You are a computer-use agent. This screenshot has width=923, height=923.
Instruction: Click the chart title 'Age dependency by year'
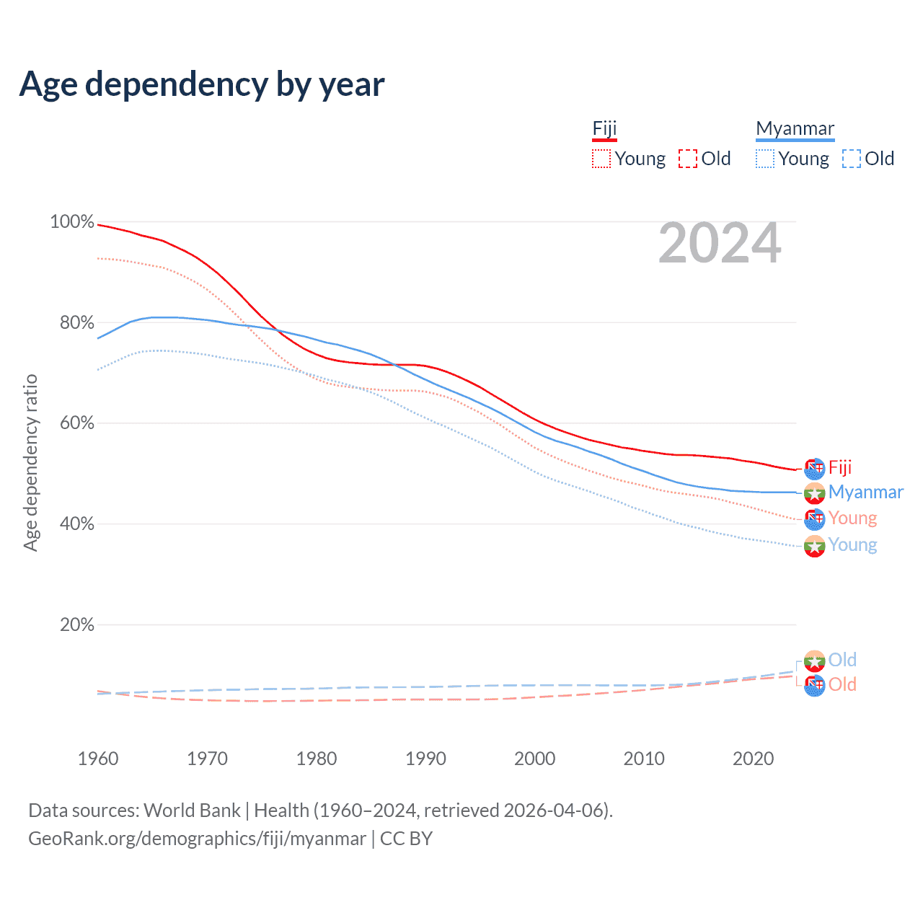tap(202, 84)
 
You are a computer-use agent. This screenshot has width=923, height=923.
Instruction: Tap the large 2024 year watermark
tap(720, 244)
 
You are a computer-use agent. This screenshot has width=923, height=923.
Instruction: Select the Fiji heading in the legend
tap(604, 128)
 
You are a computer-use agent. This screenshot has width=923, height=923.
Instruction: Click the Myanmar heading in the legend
tap(795, 128)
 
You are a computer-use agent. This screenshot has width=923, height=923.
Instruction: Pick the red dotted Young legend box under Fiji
tap(601, 159)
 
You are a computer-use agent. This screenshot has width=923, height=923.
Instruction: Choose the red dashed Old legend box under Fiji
tap(688, 159)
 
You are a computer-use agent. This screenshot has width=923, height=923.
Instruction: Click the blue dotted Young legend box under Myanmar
tap(765, 159)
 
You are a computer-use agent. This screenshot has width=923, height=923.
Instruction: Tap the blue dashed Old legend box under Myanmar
tap(852, 159)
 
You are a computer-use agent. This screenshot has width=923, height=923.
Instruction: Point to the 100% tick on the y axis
tap(72, 222)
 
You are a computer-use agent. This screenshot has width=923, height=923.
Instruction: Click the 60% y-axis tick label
tap(76, 423)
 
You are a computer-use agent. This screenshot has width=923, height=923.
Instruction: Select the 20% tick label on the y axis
tap(76, 624)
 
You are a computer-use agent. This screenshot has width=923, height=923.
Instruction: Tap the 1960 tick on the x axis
tap(98, 759)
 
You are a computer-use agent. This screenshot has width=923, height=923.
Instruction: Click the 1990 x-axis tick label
tap(425, 759)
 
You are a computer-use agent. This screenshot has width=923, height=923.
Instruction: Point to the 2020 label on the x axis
tap(753, 759)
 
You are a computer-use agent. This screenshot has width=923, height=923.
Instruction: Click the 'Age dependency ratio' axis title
tap(30, 463)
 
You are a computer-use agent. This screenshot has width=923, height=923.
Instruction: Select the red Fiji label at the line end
tap(840, 467)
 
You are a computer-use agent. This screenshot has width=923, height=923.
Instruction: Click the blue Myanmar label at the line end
tap(865, 492)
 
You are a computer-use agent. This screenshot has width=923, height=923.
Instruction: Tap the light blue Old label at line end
tap(842, 660)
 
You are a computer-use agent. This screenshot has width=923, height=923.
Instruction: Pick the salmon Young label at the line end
tap(852, 518)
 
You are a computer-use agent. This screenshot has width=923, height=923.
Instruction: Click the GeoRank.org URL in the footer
tap(197, 839)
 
